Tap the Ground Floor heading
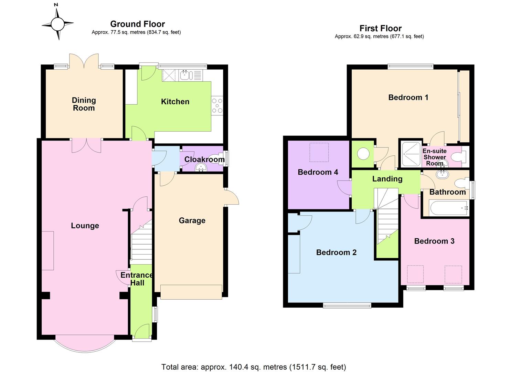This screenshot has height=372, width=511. (137, 24)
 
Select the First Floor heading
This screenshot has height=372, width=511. (380, 28)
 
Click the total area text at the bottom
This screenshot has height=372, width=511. (254, 367)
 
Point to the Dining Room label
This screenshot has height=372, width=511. (84, 104)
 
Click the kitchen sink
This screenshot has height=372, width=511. (185, 74)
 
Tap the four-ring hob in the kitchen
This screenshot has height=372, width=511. (217, 106)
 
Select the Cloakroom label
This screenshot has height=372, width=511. (204, 159)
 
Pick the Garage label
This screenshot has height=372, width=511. (192, 220)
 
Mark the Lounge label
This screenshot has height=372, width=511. (85, 226)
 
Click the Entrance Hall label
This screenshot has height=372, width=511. (137, 279)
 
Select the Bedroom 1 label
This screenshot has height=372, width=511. (408, 97)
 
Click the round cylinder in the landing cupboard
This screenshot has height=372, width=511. (363, 154)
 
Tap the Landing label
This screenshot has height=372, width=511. (387, 179)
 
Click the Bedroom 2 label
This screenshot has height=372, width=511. (336, 252)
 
